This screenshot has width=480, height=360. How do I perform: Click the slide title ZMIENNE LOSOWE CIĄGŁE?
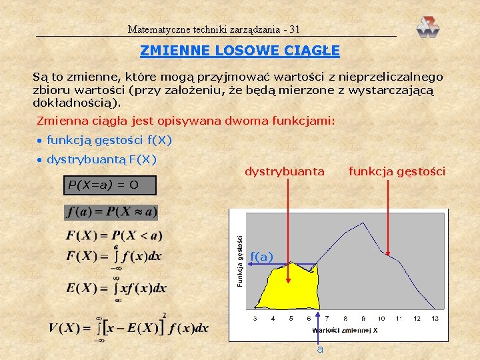pyautogui.click(x=240, y=51)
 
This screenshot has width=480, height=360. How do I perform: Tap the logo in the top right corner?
pyautogui.click(x=428, y=27)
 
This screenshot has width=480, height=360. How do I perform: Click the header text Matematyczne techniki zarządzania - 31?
pyautogui.click(x=214, y=30)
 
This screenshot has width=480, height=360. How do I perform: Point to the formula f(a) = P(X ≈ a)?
pyautogui.click(x=111, y=212)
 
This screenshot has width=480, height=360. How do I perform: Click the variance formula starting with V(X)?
pyautogui.click(x=129, y=327)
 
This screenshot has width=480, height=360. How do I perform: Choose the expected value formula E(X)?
pyautogui.click(x=117, y=288)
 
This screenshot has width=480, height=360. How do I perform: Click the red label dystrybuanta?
pyautogui.click(x=285, y=172)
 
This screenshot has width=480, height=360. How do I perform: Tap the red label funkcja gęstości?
pyautogui.click(x=397, y=172)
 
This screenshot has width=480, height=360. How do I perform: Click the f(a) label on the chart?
pyautogui.click(x=261, y=257)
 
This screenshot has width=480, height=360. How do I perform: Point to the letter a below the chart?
pyautogui.click(x=320, y=349)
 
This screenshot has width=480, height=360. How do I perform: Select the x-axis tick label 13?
pyautogui.click(x=435, y=319)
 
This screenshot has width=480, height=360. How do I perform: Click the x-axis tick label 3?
pyautogui.click(x=255, y=319)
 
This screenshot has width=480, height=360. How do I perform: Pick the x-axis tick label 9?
pyautogui.click(x=363, y=319)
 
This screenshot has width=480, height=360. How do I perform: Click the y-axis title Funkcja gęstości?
pyautogui.click(x=241, y=261)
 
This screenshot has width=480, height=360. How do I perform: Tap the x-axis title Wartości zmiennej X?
pyautogui.click(x=345, y=330)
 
